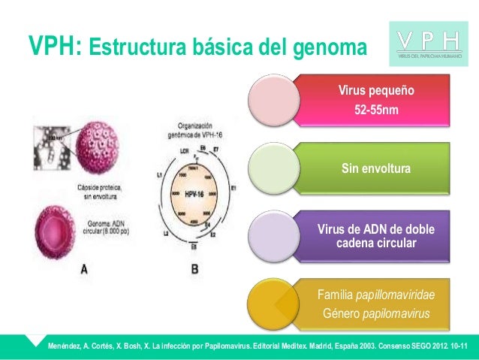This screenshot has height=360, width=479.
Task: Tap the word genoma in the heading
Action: [x=330, y=49]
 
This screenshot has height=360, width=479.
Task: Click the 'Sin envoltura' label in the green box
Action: [x=376, y=169]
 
